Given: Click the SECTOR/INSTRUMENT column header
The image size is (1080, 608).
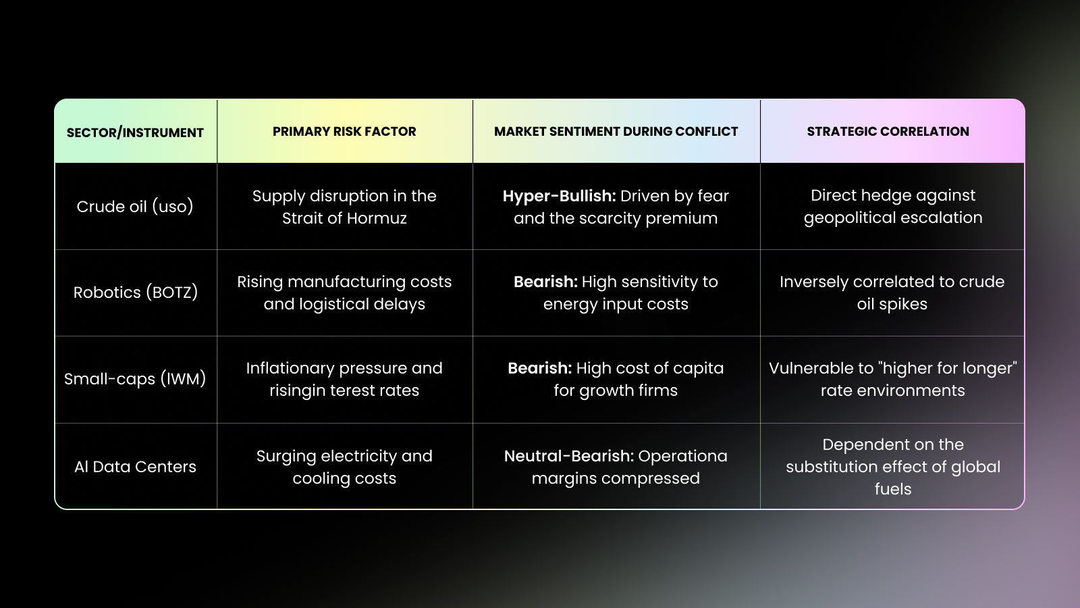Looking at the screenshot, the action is [x=135, y=132].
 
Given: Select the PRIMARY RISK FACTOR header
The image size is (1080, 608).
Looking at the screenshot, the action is [x=344, y=131].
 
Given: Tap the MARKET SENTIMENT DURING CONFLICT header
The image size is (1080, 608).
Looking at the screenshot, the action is [x=616, y=131].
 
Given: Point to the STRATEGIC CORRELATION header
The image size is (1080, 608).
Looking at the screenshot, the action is [x=888, y=131].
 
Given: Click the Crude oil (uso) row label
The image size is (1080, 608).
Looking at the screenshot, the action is [x=135, y=207].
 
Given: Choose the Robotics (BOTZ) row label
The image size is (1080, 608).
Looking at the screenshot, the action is [x=136, y=293].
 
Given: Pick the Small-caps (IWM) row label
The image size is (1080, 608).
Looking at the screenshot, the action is [x=135, y=379].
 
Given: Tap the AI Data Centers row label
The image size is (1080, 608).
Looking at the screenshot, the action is [x=135, y=467].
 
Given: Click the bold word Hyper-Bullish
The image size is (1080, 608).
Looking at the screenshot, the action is [x=560, y=197].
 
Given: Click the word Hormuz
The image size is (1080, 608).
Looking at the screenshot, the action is [x=377, y=218].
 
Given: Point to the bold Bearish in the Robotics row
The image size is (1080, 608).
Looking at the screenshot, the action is [x=546, y=282].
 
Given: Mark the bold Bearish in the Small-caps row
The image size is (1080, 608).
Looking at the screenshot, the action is [x=540, y=368].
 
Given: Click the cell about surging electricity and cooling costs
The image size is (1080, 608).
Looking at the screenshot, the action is [x=344, y=467].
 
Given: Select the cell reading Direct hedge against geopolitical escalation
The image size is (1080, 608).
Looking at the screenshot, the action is [x=893, y=207].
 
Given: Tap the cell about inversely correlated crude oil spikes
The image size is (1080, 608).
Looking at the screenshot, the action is [x=892, y=293].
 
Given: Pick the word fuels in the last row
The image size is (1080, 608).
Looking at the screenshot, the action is [x=893, y=489].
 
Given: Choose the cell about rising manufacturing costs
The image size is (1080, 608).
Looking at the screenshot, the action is [x=344, y=293].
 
